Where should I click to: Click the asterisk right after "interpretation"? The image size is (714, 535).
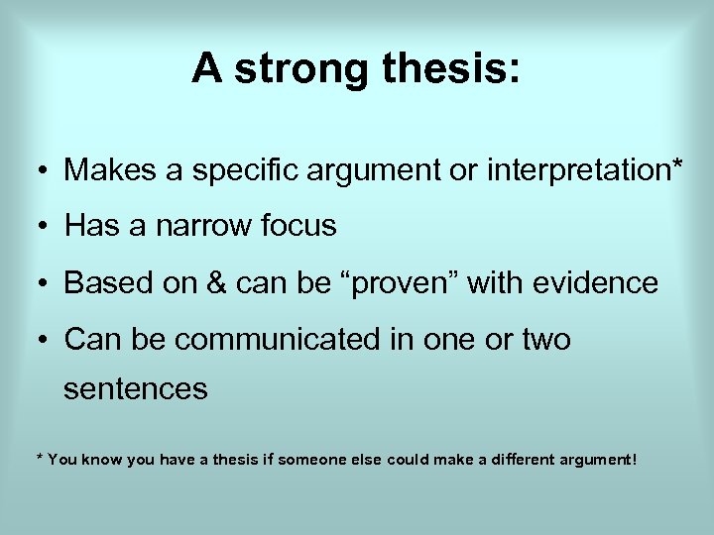677,163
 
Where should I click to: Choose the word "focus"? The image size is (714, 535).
301,227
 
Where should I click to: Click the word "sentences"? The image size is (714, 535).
136,389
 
